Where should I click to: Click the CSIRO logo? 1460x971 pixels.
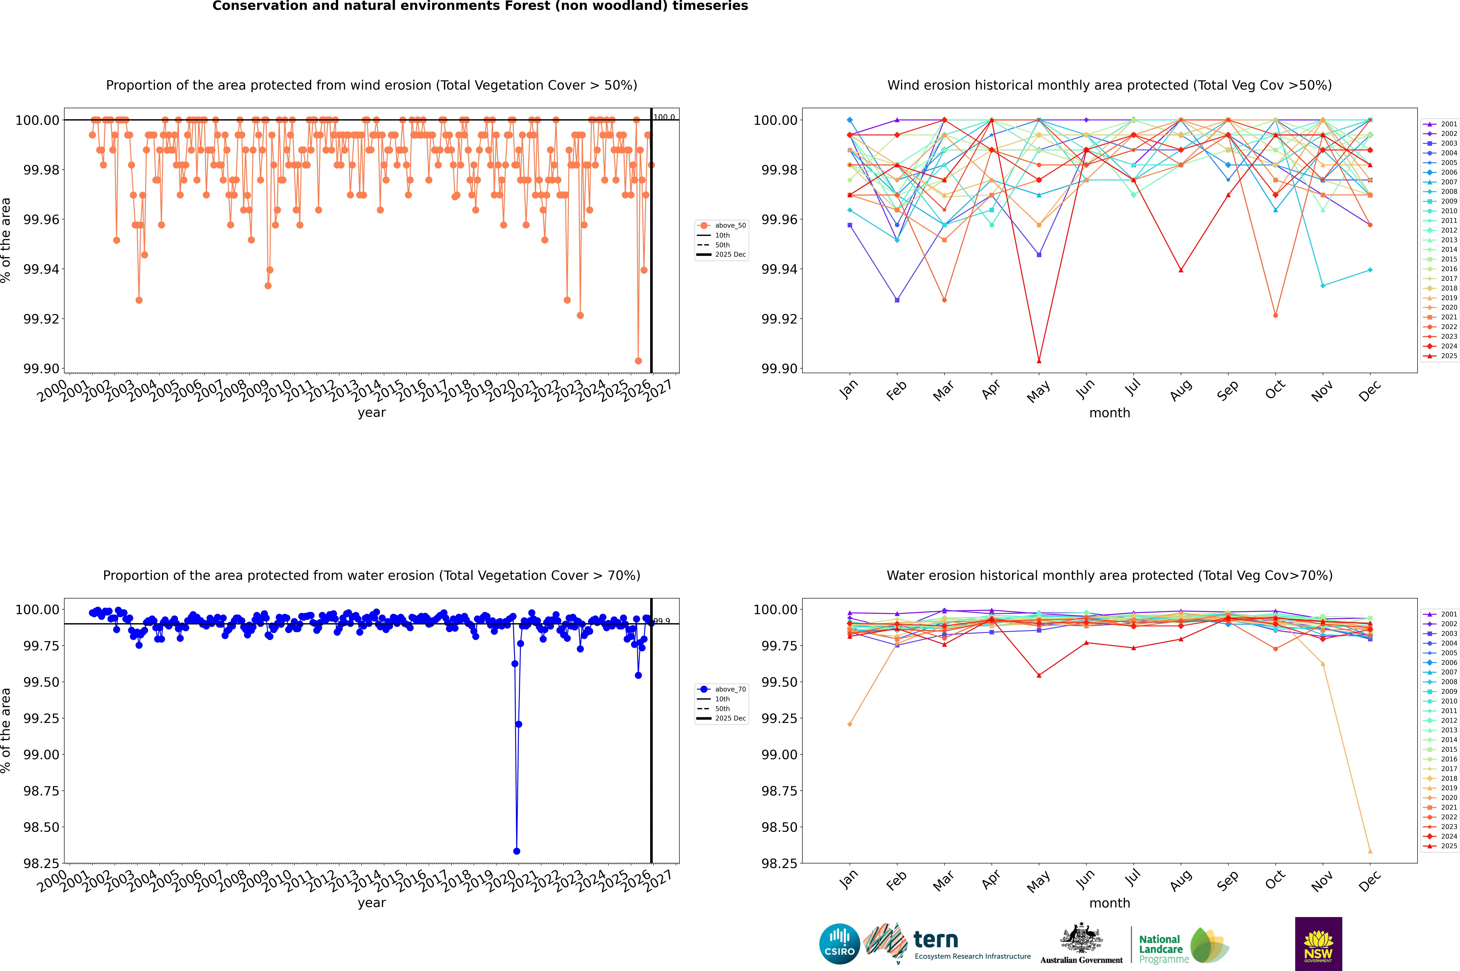[x=839, y=944]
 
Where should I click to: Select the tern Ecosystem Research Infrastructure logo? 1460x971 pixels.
[x=947, y=944]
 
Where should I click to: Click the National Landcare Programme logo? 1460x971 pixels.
[x=1183, y=946]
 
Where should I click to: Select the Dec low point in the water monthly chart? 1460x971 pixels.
[x=1370, y=851]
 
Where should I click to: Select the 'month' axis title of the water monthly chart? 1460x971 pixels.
[x=1109, y=903]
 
